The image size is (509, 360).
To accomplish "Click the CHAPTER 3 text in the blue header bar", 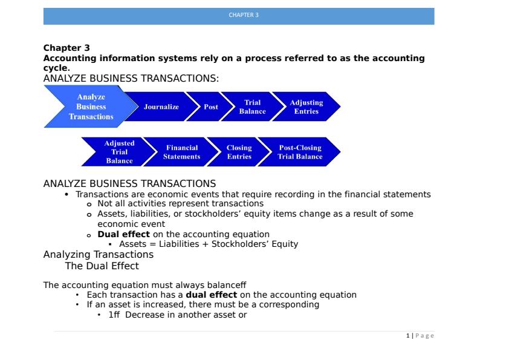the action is point(244,15).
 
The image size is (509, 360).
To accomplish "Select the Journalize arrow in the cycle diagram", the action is point(161,106).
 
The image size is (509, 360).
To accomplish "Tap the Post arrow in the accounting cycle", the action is point(210,106).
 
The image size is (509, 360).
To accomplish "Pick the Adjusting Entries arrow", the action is point(306,106).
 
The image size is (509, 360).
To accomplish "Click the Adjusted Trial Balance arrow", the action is point(119,152).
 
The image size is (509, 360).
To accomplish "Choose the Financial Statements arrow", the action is point(182,152).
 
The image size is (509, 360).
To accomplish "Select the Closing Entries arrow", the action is point(239,152).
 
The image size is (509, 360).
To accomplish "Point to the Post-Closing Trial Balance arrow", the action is point(300,152).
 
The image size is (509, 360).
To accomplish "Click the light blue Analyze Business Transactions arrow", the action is point(91,106).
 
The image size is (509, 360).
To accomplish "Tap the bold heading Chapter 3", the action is point(66,48).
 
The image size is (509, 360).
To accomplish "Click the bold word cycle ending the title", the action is point(56,68).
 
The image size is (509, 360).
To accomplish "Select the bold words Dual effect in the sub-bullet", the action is point(124,234).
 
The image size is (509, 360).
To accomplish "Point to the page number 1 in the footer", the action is point(407,336).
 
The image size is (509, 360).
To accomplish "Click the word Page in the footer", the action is point(424,336).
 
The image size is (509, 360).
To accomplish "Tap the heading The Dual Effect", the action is point(102,266).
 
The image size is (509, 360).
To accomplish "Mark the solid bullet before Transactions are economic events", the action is point(66,194).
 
